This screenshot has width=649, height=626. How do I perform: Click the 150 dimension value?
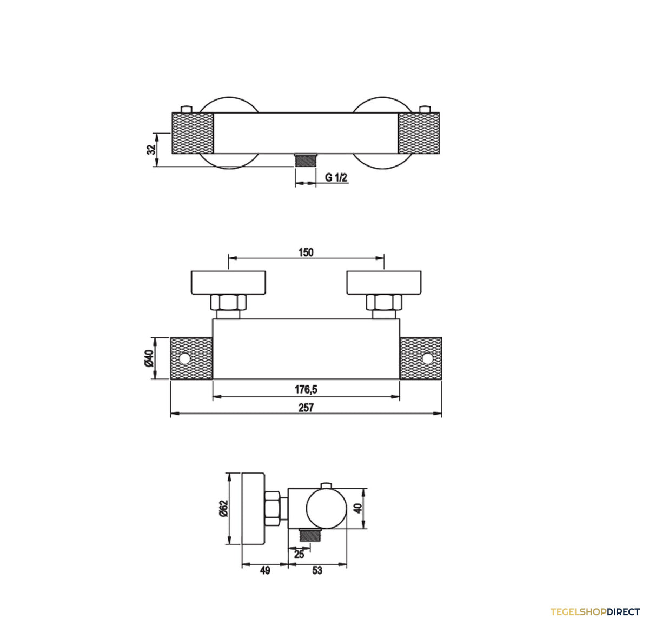pyautogui.click(x=306, y=252)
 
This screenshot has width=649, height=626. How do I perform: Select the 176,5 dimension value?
pyautogui.click(x=306, y=389)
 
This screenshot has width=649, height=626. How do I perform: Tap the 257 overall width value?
pyautogui.click(x=306, y=408)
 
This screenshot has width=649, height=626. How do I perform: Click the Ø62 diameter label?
pyautogui.click(x=223, y=508)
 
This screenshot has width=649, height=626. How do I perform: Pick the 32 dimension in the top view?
pyautogui.click(x=152, y=150)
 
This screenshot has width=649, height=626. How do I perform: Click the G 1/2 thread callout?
pyautogui.click(x=336, y=178)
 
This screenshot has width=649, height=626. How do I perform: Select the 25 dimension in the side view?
pyautogui.click(x=299, y=554)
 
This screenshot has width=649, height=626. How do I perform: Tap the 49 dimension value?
pyautogui.click(x=265, y=570)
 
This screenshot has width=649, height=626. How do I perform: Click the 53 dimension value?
pyautogui.click(x=317, y=570)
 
